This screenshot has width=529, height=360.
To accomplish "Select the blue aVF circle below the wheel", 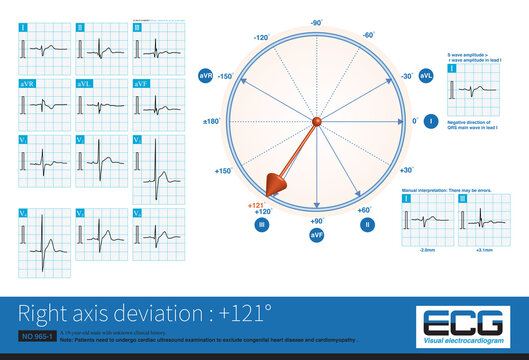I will click(x=317, y=233).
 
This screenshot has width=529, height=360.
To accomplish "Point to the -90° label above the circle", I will click(x=316, y=21).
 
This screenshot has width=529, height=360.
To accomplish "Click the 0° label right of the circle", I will click(x=415, y=122).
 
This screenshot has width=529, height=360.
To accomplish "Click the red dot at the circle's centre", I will click(x=317, y=122).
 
